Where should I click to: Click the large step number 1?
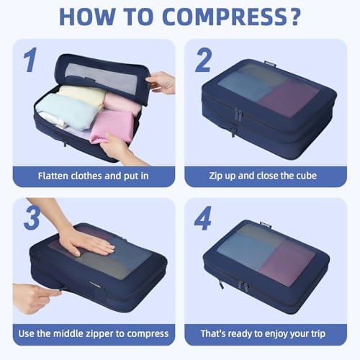[x=30, y=60]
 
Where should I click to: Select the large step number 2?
[x=203, y=60]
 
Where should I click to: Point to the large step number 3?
[x=31, y=218]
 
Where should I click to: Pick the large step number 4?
[x=204, y=218]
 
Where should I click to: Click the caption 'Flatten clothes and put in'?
[x=94, y=175]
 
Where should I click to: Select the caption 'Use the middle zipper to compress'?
[x=94, y=333]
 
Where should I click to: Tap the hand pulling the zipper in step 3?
[x=32, y=297]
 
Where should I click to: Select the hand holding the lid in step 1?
[x=161, y=81]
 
